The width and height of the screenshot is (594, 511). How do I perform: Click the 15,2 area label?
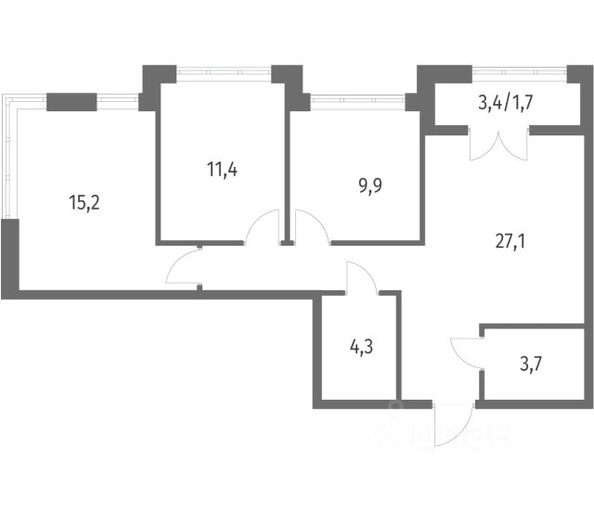(84, 200)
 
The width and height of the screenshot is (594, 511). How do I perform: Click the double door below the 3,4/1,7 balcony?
(499, 145)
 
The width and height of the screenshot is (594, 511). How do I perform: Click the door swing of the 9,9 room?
(311, 227)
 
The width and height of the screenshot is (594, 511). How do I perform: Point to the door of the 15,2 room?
(183, 269)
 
